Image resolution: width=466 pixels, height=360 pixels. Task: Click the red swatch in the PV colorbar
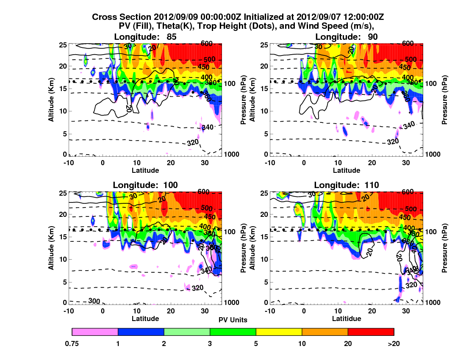[371, 332]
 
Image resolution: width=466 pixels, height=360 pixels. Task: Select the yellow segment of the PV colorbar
[279, 332]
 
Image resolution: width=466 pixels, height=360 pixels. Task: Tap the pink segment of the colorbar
[95, 332]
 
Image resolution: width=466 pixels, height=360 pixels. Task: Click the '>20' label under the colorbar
[394, 344]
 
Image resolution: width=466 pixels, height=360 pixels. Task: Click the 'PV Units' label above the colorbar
[233, 320]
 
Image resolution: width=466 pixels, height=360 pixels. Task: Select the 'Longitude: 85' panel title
[145, 37]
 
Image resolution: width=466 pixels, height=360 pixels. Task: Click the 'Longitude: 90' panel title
[347, 37]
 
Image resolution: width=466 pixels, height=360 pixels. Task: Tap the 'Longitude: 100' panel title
[145, 185]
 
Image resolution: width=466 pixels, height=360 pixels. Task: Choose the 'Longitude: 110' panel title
[347, 185]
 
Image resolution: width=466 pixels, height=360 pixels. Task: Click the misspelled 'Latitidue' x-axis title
[347, 318]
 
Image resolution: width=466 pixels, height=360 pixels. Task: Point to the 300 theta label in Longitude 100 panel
[95, 301]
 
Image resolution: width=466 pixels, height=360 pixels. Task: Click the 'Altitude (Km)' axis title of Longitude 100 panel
[50, 247]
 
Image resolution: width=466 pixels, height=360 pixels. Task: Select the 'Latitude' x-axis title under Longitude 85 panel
[145, 170]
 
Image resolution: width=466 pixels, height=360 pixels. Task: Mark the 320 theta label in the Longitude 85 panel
[193, 142]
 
